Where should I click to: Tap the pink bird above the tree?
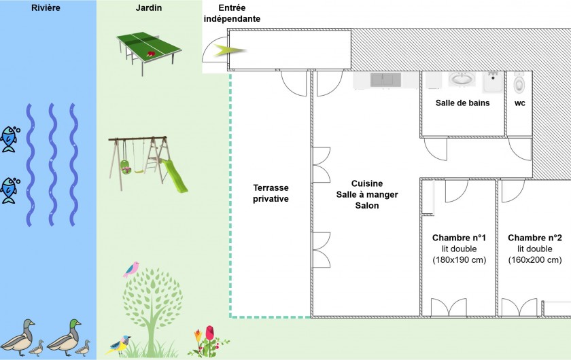(x=131, y=269)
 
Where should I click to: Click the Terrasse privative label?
(x=271, y=193)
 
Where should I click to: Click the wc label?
(x=520, y=103)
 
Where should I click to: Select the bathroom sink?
(x=462, y=79)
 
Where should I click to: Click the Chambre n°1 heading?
(x=459, y=238)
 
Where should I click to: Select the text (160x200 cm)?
(x=535, y=259)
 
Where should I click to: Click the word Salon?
(x=367, y=205)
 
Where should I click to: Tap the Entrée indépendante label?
(x=232, y=14)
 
